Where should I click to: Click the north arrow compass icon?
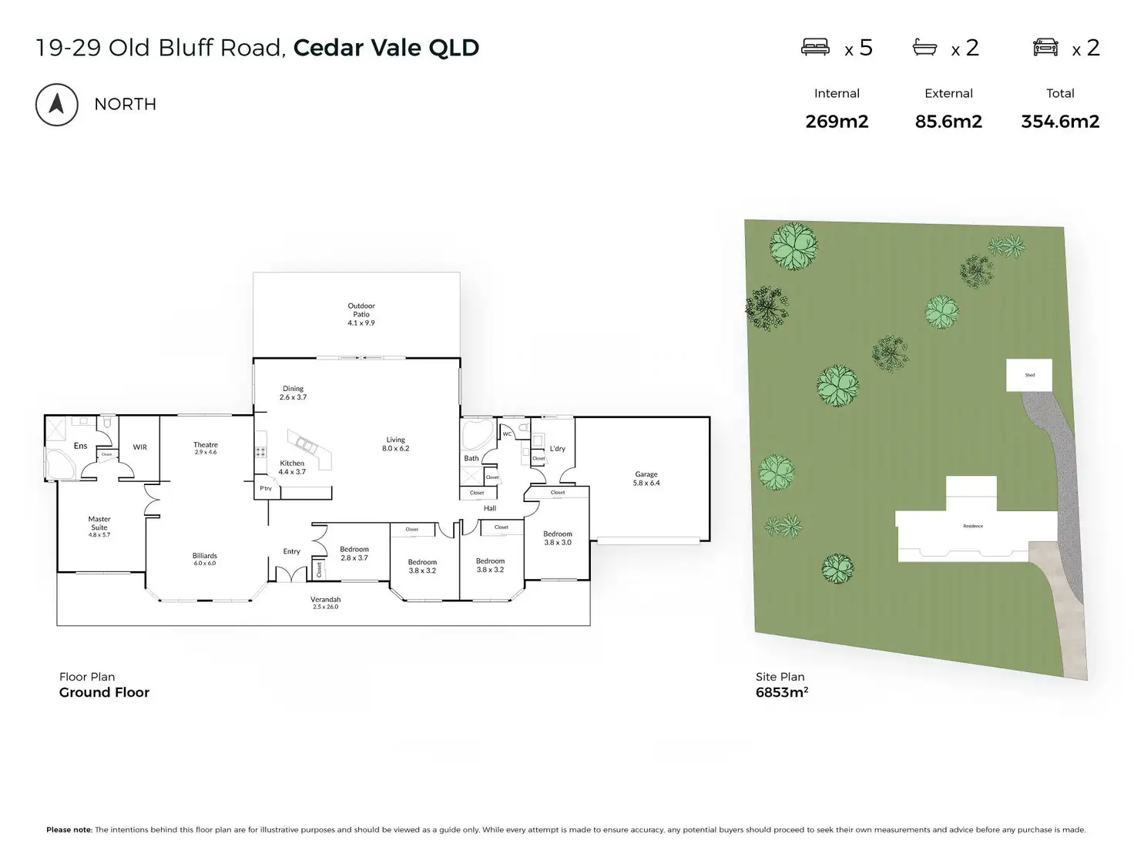(x=56, y=104)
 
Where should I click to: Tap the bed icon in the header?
(x=815, y=48)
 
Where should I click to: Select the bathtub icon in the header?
(x=924, y=48)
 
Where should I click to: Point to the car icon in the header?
(x=1045, y=48)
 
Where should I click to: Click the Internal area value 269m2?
(x=837, y=122)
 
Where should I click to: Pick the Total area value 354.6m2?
(x=1060, y=122)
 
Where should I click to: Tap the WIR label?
(x=139, y=447)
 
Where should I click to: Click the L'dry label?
(x=558, y=449)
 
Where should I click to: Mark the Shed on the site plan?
(x=1029, y=375)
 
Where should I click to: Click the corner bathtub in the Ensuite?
(x=59, y=464)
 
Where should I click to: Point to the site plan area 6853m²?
(x=782, y=692)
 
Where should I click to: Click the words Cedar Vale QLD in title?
(x=386, y=48)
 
